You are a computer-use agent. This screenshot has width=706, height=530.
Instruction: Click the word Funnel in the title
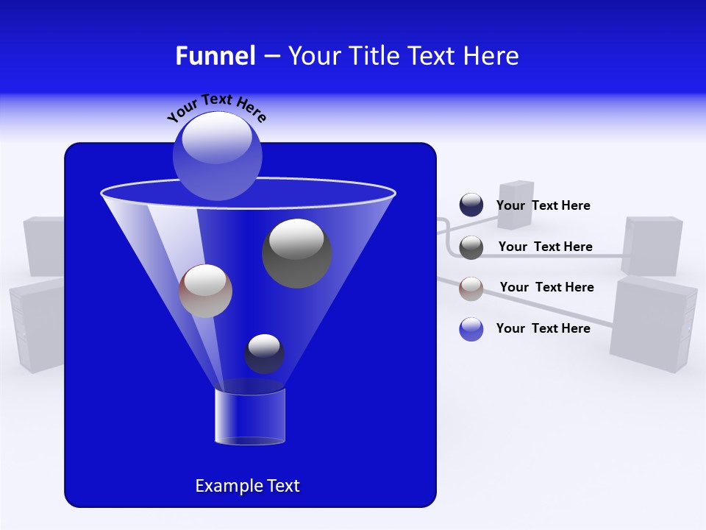click(215, 56)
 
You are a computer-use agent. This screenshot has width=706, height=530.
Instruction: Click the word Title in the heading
click(374, 56)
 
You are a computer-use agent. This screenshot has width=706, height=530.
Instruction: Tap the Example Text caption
click(247, 486)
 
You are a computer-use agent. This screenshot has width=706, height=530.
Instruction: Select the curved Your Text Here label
click(216, 107)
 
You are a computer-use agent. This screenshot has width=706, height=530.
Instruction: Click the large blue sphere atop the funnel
click(217, 155)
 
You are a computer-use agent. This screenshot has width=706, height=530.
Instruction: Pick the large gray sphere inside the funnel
click(297, 253)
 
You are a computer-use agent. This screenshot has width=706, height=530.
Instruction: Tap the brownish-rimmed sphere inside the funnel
click(205, 291)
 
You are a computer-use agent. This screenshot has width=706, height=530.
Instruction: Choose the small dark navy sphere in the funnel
click(264, 353)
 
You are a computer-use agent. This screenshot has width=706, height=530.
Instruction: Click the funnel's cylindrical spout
click(249, 417)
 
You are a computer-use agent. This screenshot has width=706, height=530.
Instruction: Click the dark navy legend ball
click(471, 205)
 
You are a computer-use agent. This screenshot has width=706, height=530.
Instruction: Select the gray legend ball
click(471, 247)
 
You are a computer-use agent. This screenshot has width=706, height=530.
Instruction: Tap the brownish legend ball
click(471, 289)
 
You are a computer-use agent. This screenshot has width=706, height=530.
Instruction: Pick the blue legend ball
click(471, 329)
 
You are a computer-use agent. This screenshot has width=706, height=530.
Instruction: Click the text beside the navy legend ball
click(543, 206)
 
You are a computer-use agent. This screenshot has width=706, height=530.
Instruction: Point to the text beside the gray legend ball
click(545, 247)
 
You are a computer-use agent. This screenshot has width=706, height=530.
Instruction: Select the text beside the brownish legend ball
click(546, 288)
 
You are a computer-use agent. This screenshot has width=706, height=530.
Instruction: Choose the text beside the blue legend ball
click(543, 328)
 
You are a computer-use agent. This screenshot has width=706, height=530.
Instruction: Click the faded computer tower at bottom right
click(652, 324)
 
